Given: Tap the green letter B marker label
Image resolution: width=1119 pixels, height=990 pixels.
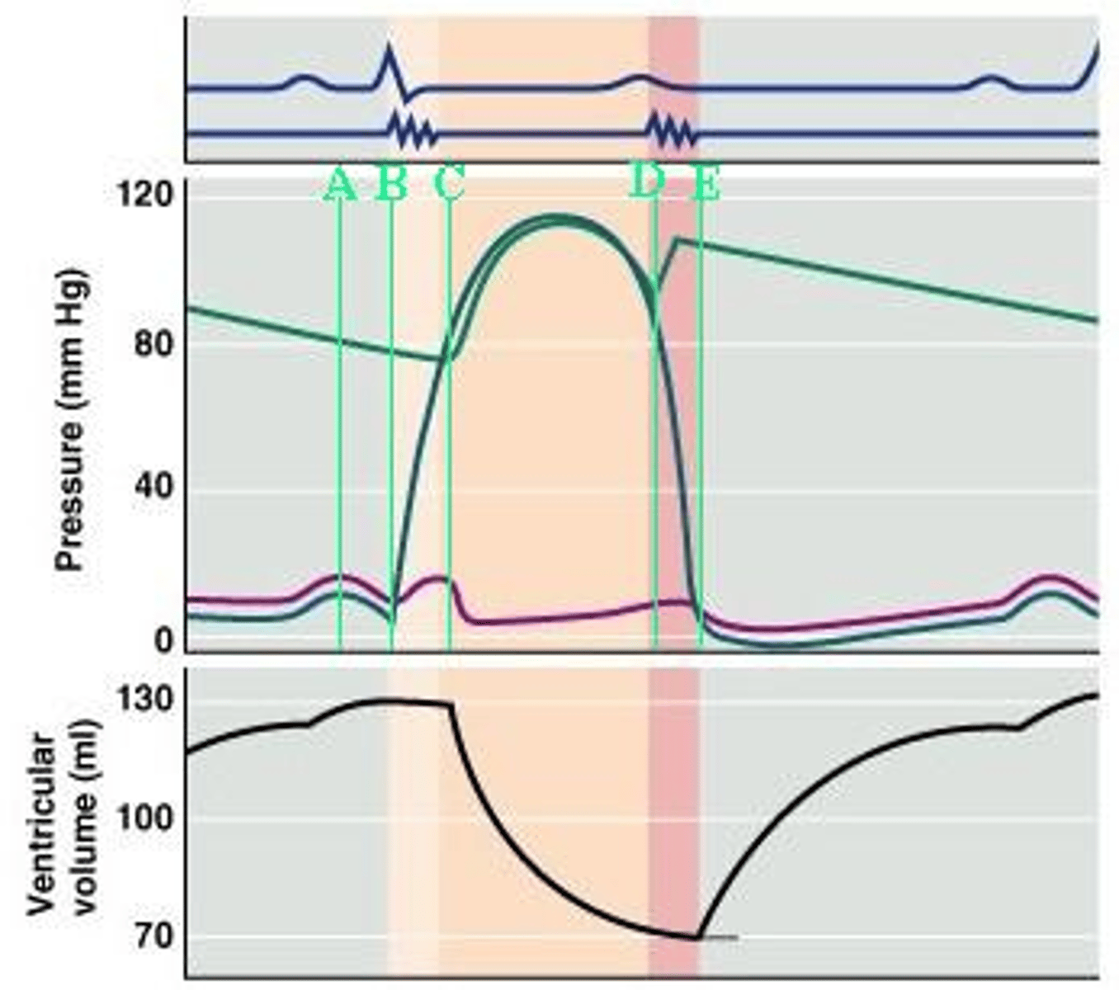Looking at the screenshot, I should click(391, 185).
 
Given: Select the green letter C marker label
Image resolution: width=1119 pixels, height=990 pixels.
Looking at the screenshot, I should click(450, 185).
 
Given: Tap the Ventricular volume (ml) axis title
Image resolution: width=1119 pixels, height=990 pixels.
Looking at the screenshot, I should click(62, 821).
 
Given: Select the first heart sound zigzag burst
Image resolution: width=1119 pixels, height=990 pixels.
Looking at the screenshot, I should click(411, 132).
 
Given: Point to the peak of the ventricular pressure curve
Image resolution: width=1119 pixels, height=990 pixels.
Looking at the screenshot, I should click(559, 217).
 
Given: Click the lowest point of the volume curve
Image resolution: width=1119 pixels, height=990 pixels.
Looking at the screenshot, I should click(697, 937).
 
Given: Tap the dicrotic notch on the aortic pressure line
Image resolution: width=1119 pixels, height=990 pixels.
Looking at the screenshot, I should click(657, 289).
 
